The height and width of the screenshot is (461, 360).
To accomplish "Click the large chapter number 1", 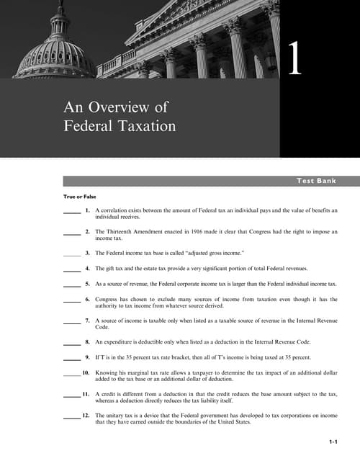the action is point(294,59).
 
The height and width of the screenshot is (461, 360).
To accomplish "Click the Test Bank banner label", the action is point(317,181).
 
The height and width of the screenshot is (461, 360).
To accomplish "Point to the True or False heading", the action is point(79,197).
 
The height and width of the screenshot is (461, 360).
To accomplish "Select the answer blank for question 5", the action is point(71,285).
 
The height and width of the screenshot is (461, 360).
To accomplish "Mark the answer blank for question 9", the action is point(71,358).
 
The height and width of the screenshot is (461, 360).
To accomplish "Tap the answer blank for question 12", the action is point(71,417).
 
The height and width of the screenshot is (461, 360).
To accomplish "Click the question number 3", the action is point(87,254).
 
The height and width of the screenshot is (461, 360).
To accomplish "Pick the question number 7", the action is point(87,319).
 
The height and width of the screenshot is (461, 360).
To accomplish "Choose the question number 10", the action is point(86,373).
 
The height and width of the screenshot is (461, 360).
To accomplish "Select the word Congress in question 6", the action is point(108,298).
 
